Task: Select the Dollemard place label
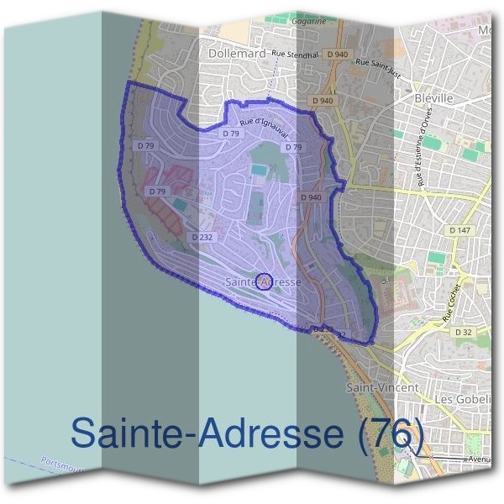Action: (x=236, y=54)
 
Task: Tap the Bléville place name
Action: (x=434, y=98)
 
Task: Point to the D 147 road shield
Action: (x=459, y=229)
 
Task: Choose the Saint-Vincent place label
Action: (x=382, y=387)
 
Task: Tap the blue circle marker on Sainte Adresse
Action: (x=263, y=281)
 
